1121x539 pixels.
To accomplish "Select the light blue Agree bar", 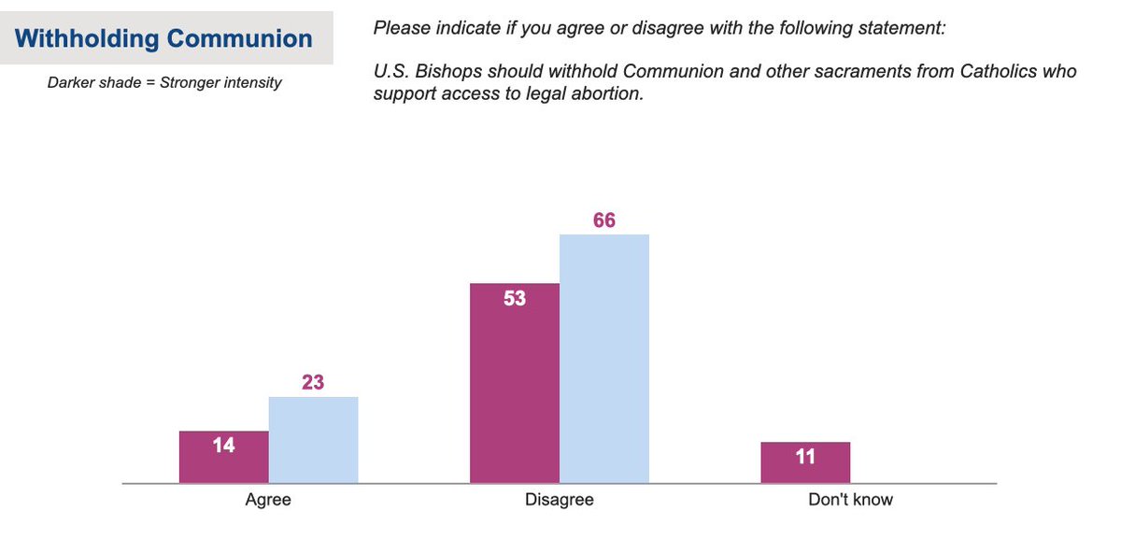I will point(313,440).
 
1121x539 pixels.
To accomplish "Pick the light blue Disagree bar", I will point(603,359).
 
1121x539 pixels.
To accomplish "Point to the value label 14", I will point(223,446).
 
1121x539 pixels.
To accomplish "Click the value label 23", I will point(313,382).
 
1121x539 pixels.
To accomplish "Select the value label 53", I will point(514,299).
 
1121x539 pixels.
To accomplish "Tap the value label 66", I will point(603,220).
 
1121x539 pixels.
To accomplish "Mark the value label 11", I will point(805,457).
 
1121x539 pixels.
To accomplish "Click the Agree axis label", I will point(268,500).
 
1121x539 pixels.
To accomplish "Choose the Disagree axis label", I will point(559,500).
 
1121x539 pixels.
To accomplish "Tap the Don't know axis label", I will point(850,500).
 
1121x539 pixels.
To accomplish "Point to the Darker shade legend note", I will point(164,82).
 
